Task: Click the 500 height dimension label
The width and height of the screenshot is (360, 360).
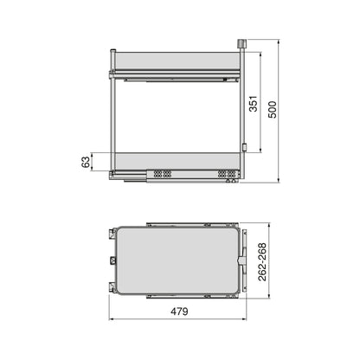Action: click(273, 111)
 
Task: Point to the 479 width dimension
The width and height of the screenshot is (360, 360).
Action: click(179, 312)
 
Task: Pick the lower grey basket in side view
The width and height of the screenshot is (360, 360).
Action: click(177, 161)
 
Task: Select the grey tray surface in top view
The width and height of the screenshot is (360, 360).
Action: click(179, 257)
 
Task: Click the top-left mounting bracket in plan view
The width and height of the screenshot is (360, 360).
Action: click(114, 232)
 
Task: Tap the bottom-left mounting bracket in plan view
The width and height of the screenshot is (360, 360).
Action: click(114, 285)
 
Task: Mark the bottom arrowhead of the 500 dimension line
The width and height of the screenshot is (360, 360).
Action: click(280, 181)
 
